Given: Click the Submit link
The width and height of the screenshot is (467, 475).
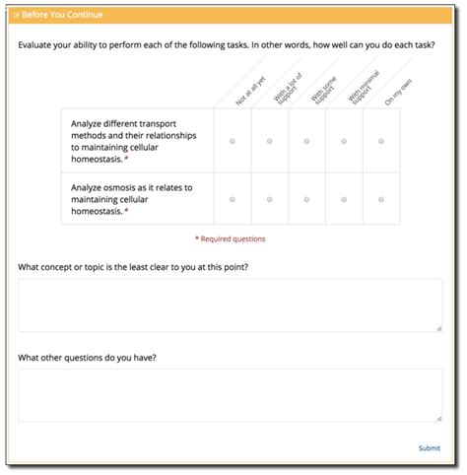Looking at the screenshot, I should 429,448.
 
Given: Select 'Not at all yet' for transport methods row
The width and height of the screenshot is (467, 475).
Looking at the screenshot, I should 233,142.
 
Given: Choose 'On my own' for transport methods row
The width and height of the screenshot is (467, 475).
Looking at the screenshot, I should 381,142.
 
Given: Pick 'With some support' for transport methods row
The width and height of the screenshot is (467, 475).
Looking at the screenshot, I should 306,142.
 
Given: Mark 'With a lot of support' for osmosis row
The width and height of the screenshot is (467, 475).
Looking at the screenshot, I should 269,199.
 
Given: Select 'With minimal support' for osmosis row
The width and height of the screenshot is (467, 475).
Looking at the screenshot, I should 344,199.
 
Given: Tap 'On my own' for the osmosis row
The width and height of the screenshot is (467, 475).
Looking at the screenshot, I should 381,199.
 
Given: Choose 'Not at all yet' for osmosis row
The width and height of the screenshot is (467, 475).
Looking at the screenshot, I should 233,199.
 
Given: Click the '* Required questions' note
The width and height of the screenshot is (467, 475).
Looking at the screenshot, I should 230,238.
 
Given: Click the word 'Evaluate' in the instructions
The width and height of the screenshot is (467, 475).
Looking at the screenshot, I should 36,45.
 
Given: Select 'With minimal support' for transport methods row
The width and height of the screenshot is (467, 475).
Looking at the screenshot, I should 344,142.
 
